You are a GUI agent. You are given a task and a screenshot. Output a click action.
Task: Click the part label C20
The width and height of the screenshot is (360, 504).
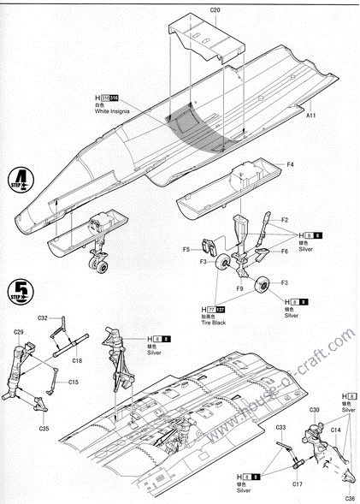215,9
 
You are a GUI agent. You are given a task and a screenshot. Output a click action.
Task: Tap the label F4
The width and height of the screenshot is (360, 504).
291,164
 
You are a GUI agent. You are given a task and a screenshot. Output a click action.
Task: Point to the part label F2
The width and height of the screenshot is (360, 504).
285,220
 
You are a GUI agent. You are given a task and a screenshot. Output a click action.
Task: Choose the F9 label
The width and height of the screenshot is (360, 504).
240,289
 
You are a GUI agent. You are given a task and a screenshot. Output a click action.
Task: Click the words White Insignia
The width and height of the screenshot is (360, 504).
115,111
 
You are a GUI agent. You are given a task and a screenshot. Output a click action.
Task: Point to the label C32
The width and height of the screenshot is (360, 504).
44,318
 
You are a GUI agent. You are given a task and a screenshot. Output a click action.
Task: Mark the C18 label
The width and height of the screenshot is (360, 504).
76,361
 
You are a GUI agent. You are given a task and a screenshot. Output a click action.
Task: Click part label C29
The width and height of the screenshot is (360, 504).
19,332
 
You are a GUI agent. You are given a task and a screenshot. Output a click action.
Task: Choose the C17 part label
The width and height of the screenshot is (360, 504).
297,485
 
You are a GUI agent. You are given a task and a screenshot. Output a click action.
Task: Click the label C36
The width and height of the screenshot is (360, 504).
350,498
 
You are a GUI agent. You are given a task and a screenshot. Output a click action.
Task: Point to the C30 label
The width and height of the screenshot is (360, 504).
314,410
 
